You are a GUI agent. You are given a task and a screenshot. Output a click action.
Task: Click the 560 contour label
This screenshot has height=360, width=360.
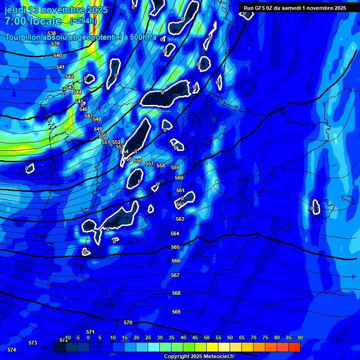pos(179,178)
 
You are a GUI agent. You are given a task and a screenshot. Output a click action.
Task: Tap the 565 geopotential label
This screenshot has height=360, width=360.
pos(175,247)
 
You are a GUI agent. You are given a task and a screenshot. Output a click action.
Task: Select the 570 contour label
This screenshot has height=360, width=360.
pos(128,322)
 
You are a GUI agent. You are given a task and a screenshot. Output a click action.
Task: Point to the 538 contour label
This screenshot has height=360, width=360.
pos(52,34)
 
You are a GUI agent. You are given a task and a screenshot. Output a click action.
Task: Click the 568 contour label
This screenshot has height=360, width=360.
pos(176,293)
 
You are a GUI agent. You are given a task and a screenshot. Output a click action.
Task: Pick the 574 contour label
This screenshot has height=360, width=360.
pos(12,350)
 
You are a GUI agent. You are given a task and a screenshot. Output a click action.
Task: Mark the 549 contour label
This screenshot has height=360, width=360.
pos(98,129)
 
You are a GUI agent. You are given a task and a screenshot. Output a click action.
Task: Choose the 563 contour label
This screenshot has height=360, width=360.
pos(180,219)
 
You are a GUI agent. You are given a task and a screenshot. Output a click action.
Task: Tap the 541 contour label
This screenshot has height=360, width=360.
pos(60,67)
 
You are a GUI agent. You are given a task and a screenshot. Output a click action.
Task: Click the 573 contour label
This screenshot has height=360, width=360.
pos(33,343)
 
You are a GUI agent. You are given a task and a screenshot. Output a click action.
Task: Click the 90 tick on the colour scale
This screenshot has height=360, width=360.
pos(300,337)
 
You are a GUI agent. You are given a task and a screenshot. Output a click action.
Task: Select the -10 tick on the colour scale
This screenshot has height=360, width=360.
pos(67,337)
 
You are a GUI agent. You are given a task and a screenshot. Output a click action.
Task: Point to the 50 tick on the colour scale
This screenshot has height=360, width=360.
pos(207,337)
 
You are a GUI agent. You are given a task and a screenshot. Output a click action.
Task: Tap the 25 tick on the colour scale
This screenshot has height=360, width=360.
pos(148,337)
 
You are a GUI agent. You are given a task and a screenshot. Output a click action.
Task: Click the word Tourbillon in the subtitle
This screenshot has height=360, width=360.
pos(26,37)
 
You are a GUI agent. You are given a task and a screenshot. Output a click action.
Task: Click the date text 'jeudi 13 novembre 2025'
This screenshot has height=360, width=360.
pos(56,10)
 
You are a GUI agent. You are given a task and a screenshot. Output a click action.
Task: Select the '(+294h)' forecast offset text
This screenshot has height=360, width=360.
pos(83,21)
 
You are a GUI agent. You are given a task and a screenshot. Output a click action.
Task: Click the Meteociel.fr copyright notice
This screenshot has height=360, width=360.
pos(199,356)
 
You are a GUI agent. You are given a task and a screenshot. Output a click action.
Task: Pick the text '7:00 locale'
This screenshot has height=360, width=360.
pos(33,21)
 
